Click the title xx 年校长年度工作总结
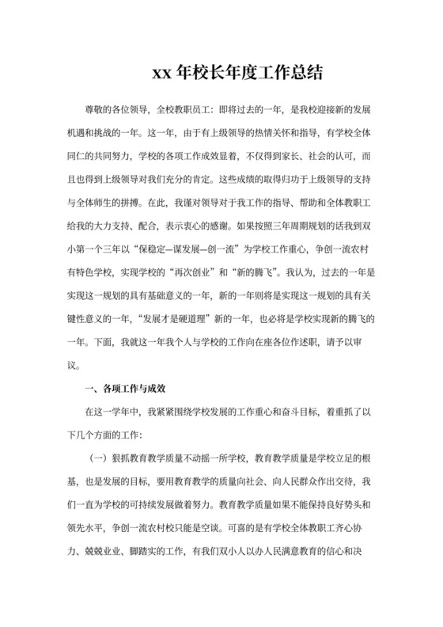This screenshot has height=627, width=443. click(x=237, y=73)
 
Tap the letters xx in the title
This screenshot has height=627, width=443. click(x=163, y=74)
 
